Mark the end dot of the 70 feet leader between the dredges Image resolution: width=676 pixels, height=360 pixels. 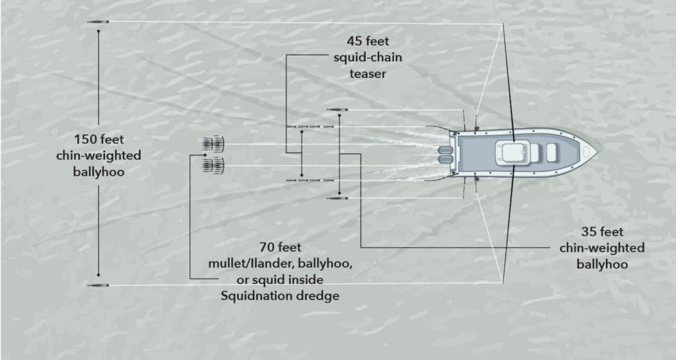click(x=205, y=155)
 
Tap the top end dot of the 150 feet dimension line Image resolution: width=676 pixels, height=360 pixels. click(x=99, y=31)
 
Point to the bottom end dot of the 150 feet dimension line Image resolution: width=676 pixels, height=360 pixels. click(x=99, y=275)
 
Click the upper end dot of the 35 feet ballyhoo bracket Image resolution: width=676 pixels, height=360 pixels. click(x=340, y=116)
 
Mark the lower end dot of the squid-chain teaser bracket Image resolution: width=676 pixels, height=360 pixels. click(x=302, y=175)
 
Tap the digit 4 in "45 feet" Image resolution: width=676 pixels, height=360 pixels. click(x=351, y=42)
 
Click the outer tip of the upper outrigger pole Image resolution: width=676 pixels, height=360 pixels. click(x=503, y=24)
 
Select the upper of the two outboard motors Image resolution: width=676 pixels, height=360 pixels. click(x=446, y=150)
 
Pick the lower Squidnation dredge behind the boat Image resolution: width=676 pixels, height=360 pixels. click(x=213, y=165)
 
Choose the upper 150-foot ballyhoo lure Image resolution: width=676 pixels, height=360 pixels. click(x=98, y=22)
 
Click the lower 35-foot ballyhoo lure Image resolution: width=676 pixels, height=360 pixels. click(x=337, y=198)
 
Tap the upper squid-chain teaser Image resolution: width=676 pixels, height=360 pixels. click(x=310, y=127)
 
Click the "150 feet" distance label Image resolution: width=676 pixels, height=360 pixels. click(x=99, y=139)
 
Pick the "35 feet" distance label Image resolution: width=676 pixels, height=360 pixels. click(x=602, y=232)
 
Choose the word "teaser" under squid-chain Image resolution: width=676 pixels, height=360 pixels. click(x=368, y=74)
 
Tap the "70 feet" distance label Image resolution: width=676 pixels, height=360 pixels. click(x=280, y=248)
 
